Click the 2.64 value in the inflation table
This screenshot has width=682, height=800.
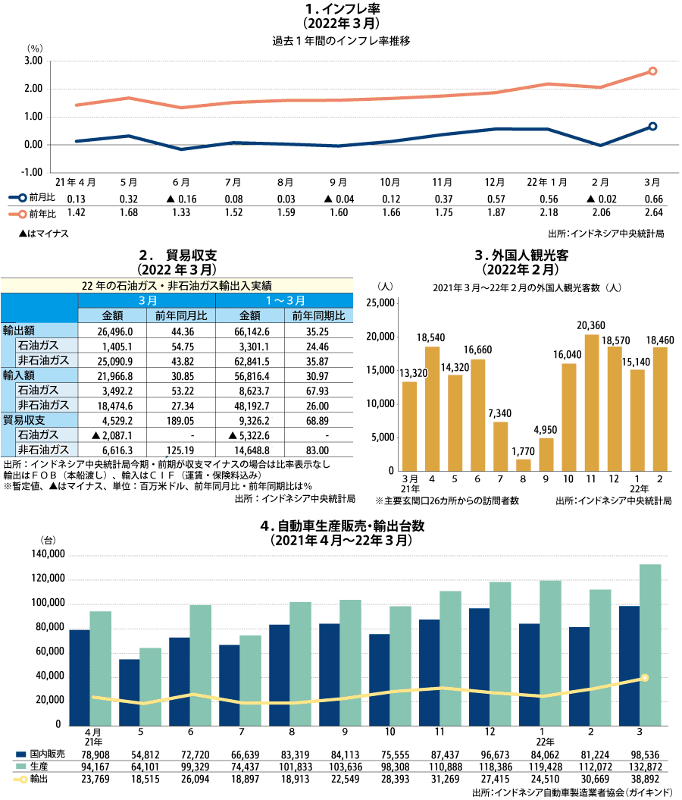coord(652,213)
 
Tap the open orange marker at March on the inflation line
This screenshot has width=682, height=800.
coord(652,71)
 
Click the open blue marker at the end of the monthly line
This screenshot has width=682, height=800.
coord(652,127)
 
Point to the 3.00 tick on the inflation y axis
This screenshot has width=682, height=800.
coord(33,61)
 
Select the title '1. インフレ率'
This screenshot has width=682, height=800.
coord(341,10)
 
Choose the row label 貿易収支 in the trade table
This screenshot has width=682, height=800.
coord(24,420)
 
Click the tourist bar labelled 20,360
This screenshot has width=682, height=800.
coord(592,402)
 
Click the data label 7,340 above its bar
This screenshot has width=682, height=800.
coord(500,413)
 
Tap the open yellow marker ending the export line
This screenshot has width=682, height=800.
coord(644,678)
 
